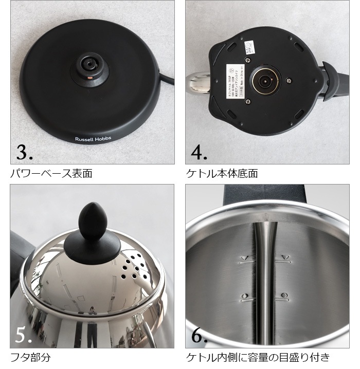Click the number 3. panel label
pos(25,152)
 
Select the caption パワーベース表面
pos(51,173)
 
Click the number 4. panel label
pos(200,152)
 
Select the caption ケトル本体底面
pos(222,173)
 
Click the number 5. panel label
pos(25,335)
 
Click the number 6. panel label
pos(200,335)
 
